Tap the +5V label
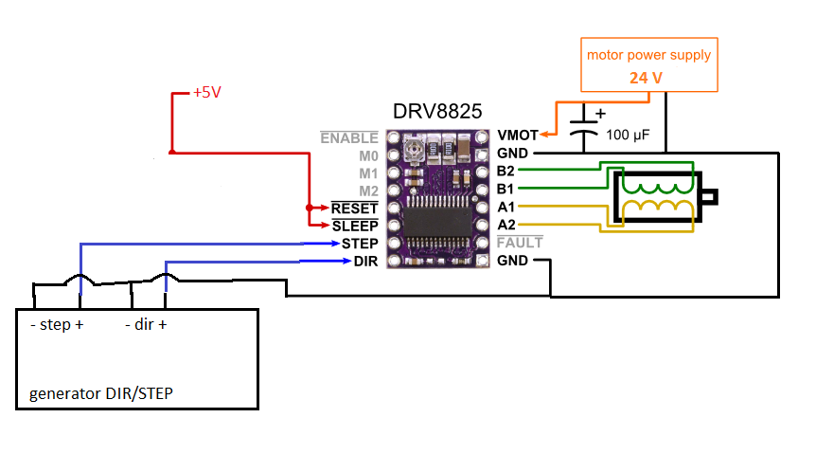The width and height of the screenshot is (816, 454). pos(206,93)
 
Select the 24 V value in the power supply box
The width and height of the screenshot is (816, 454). pos(646,78)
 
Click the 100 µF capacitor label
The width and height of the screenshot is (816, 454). pos(630,136)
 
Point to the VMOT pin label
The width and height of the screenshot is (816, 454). pos(517,136)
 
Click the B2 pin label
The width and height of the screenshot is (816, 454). pos(506,172)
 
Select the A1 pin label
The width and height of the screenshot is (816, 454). pos(506,207)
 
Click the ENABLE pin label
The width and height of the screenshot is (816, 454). pos(349,138)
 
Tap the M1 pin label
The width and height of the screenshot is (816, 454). pos(368,173)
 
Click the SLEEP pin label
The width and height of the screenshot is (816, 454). pos(355,226)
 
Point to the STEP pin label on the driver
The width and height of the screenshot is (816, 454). pos(360,244)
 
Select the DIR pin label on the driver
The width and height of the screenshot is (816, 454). pos(366,261)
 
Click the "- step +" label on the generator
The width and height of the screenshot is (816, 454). pos(56,324)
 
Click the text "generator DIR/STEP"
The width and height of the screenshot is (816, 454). pos(100,392)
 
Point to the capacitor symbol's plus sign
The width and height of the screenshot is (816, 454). pos(599,113)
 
